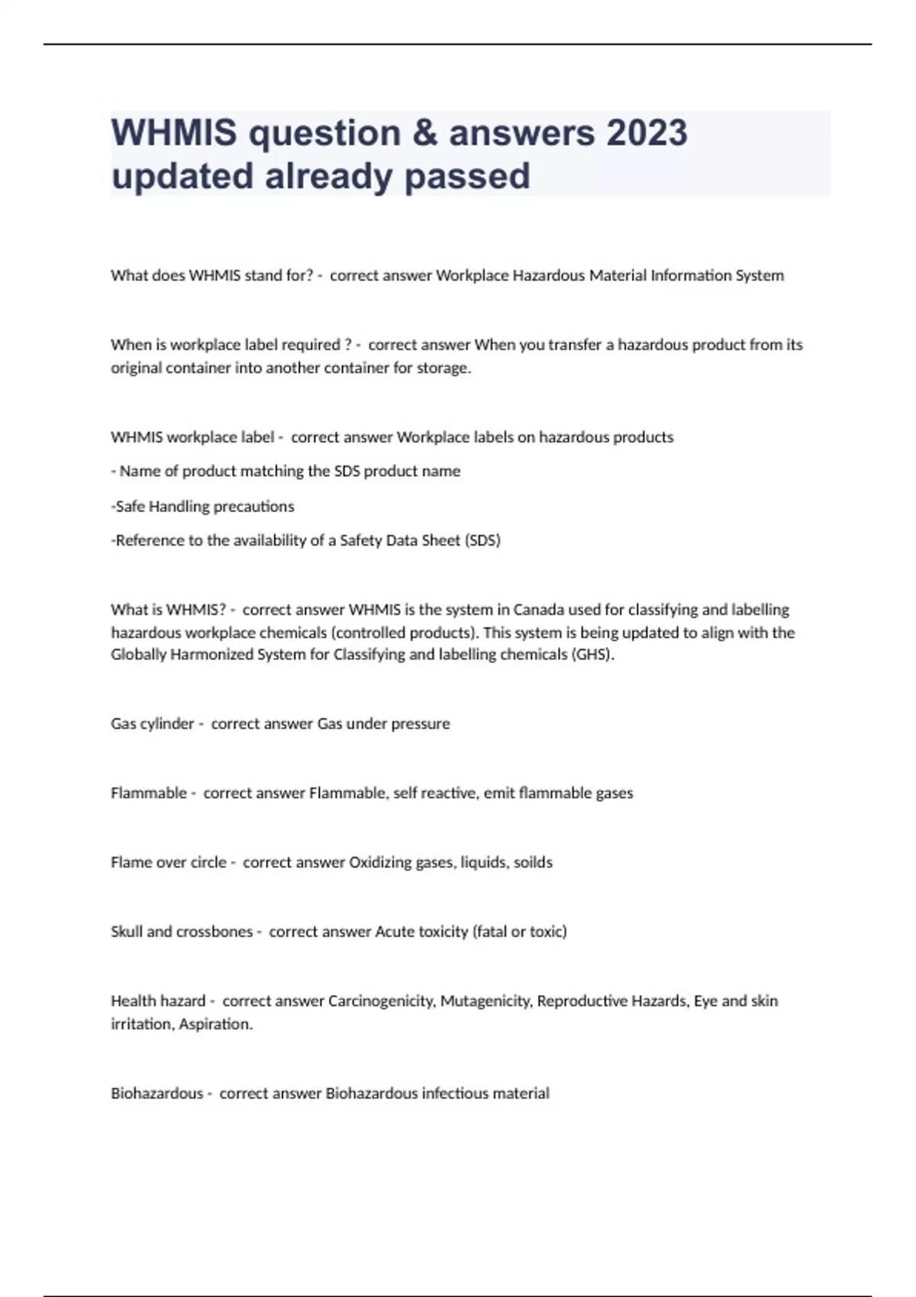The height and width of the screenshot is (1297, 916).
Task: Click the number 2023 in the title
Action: [x=647, y=133]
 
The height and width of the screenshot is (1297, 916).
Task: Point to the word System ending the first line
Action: [x=760, y=275]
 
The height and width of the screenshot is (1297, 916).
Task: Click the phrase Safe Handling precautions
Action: [x=205, y=506]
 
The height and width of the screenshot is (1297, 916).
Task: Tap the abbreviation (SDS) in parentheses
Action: [x=482, y=540]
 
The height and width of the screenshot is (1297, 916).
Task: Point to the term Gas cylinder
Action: [x=153, y=723]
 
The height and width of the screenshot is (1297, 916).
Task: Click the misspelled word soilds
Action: [x=533, y=862]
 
